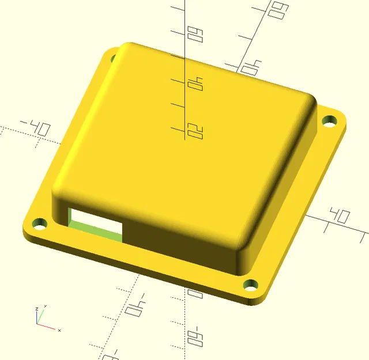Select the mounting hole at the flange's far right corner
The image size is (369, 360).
[330, 121]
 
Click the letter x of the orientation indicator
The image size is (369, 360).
[59, 330]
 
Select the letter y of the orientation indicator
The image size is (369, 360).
[45, 307]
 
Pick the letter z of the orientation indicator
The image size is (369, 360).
[36, 309]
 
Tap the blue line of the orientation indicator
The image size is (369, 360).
[36, 317]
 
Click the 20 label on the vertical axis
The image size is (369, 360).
[195, 132]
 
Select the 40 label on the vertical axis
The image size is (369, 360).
[195, 85]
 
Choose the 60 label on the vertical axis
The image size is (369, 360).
[195, 35]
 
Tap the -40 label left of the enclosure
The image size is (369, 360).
[35, 127]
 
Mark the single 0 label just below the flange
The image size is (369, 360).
[197, 294]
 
